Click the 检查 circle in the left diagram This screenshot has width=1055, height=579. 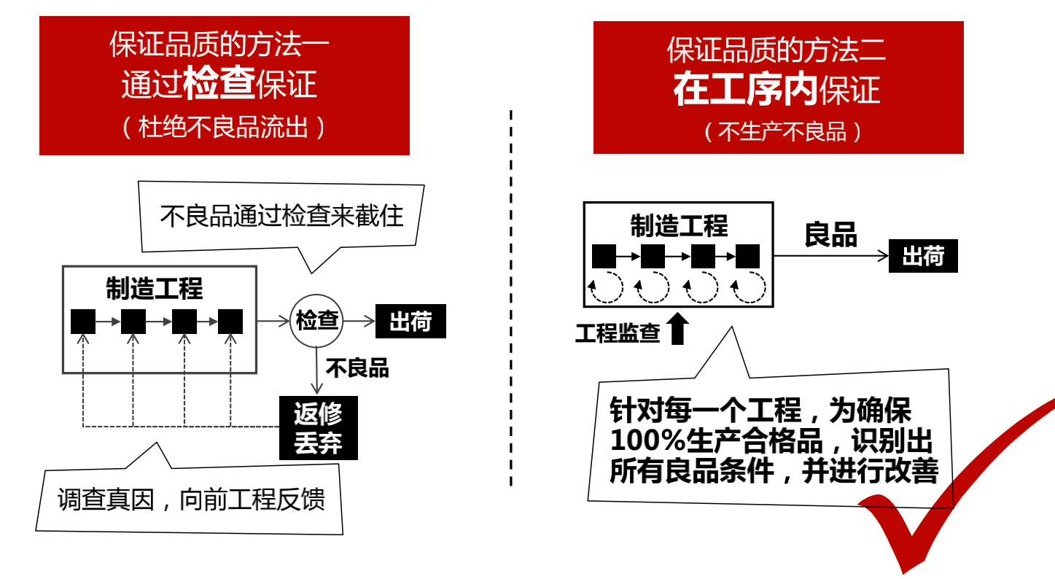[x=316, y=320]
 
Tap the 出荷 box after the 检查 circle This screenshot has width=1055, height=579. [x=410, y=322]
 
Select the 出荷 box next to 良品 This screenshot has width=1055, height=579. [x=922, y=257]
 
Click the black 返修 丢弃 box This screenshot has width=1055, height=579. [x=319, y=428]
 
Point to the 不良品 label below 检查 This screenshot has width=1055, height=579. [x=357, y=368]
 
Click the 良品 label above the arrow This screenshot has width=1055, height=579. [x=830, y=233]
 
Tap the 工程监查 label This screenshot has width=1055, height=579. [x=618, y=333]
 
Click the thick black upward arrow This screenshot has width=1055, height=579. [x=678, y=329]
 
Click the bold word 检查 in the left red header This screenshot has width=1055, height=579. [x=219, y=84]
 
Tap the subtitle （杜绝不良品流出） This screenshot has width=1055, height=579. [x=223, y=128]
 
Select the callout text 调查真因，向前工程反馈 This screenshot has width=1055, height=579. [x=191, y=500]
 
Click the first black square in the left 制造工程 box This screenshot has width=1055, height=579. [x=83, y=322]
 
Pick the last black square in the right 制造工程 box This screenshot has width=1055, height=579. [x=747, y=257]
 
